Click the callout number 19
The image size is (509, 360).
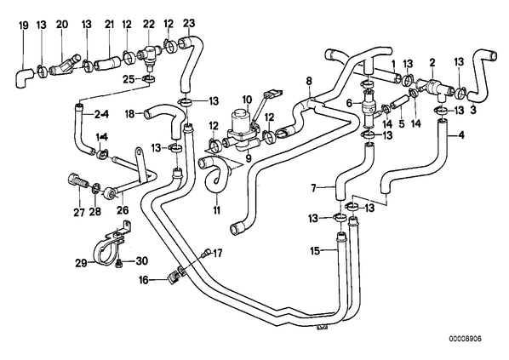(24, 26)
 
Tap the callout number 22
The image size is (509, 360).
(149, 25)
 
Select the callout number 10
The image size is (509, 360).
(247, 100)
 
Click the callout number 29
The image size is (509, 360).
(81, 263)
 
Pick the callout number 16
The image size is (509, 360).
(145, 279)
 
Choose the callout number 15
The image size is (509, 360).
(315, 250)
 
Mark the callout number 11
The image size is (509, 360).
(217, 210)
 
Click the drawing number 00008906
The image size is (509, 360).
(466, 339)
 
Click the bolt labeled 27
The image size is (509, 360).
(78, 180)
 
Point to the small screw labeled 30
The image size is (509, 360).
(119, 263)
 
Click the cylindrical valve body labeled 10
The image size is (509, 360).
(240, 121)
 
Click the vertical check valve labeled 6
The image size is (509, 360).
(369, 109)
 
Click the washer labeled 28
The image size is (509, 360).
(96, 187)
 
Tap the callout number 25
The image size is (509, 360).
(129, 79)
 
